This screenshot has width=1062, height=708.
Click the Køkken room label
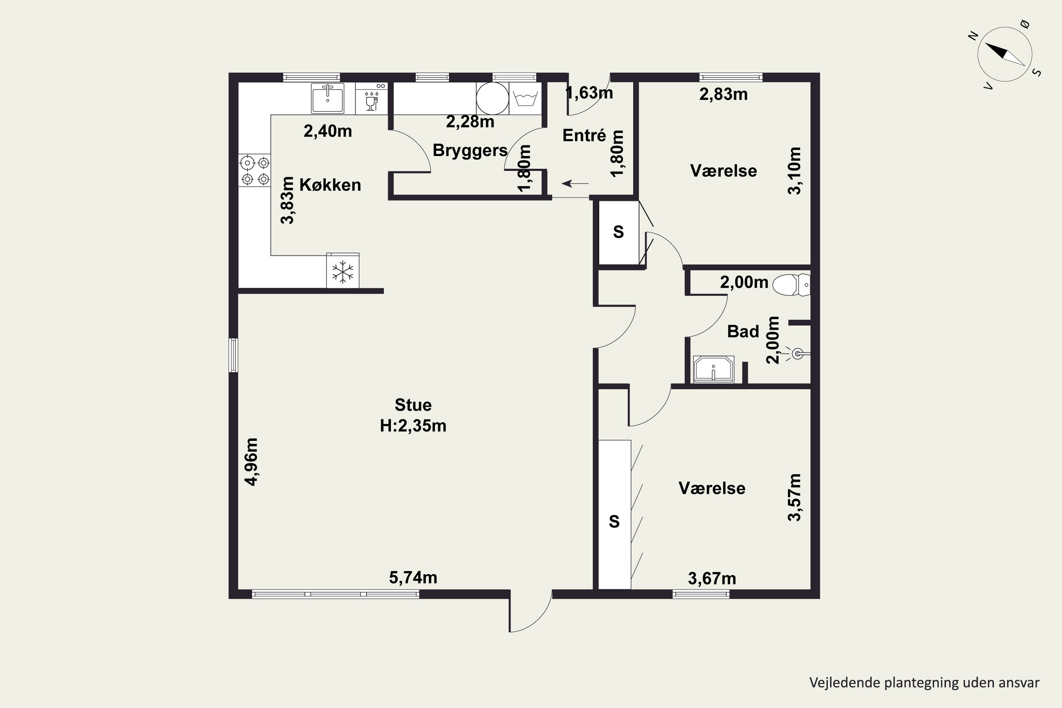click(330, 185)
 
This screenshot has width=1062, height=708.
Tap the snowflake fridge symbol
click(343, 272)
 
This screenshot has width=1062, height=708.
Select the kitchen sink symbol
click(327, 98)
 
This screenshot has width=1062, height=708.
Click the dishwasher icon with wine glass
click(371, 98)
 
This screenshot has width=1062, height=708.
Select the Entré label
click(584, 136)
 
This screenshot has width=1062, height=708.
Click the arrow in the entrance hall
click(575, 183)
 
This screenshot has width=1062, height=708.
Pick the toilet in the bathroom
click(792, 285)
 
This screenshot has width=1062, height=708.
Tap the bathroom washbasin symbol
click(713, 369)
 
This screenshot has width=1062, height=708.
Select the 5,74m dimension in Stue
click(413, 577)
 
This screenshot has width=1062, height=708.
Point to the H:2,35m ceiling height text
click(413, 426)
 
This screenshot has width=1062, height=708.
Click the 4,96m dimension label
click(251, 462)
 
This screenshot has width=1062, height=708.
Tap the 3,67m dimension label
click(712, 578)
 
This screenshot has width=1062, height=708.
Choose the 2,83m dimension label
click(723, 95)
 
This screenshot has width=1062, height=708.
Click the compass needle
click(1004, 54)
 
